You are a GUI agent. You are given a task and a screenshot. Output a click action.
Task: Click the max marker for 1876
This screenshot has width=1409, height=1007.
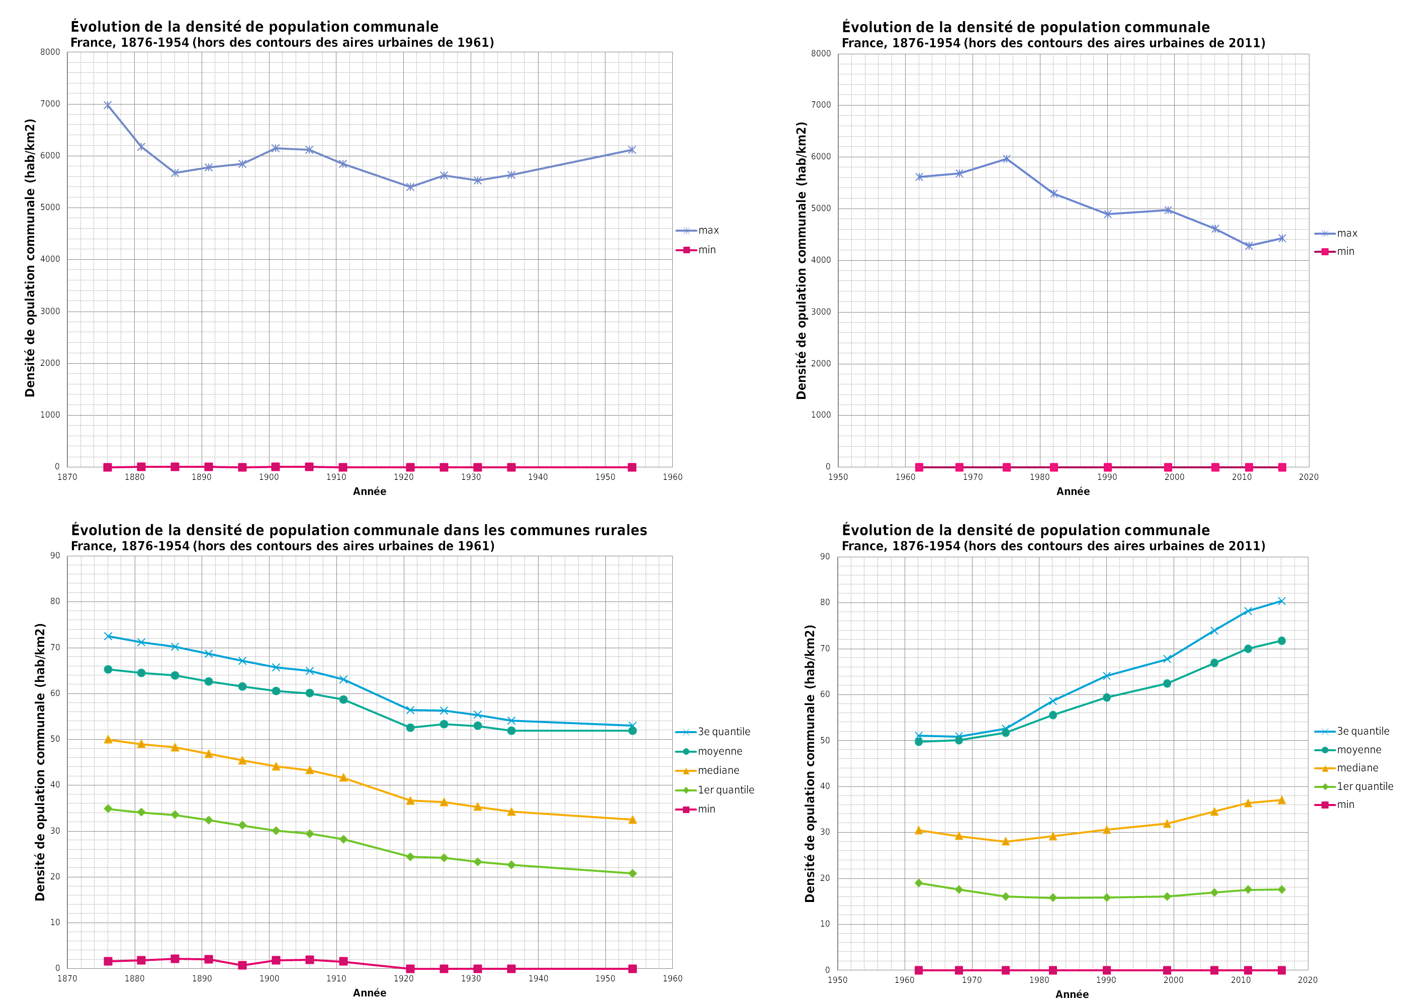click(x=107, y=105)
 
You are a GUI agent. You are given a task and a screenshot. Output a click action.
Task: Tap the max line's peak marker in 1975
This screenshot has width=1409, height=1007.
click(x=1006, y=159)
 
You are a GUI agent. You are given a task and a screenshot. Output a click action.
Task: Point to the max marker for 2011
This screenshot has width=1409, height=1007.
click(x=1248, y=246)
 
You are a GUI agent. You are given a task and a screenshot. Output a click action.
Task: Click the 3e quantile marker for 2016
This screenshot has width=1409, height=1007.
click(x=1281, y=601)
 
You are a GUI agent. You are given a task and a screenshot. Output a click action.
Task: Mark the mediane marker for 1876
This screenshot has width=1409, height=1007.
click(x=108, y=739)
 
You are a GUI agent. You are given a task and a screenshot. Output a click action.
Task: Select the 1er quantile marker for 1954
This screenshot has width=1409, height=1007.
click(x=632, y=873)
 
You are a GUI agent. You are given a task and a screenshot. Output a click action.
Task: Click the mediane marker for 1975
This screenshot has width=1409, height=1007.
click(x=1006, y=842)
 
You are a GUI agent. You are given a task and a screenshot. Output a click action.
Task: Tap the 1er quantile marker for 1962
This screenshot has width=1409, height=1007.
click(x=919, y=883)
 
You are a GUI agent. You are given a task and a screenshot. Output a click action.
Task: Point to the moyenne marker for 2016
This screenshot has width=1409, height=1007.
click(x=1281, y=641)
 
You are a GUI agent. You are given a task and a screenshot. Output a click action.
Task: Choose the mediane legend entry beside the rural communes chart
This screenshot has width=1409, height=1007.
click(x=718, y=770)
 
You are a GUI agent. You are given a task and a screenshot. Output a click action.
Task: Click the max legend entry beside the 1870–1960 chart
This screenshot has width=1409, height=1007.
click(x=708, y=230)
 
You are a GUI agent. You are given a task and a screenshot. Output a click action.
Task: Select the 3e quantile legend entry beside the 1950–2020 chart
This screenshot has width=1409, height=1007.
click(x=1362, y=731)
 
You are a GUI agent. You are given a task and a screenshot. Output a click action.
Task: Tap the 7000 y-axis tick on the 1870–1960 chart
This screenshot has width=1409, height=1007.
click(x=50, y=104)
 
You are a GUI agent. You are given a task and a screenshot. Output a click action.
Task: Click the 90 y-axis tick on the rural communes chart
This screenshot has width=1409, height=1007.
click(x=55, y=556)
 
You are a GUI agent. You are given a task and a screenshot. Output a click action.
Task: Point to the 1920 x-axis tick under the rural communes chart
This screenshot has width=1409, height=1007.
click(x=403, y=978)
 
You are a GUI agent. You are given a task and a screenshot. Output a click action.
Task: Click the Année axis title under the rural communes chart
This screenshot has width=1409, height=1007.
click(x=369, y=993)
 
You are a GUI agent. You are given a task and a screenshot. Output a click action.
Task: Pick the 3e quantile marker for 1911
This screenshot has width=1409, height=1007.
click(x=343, y=679)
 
